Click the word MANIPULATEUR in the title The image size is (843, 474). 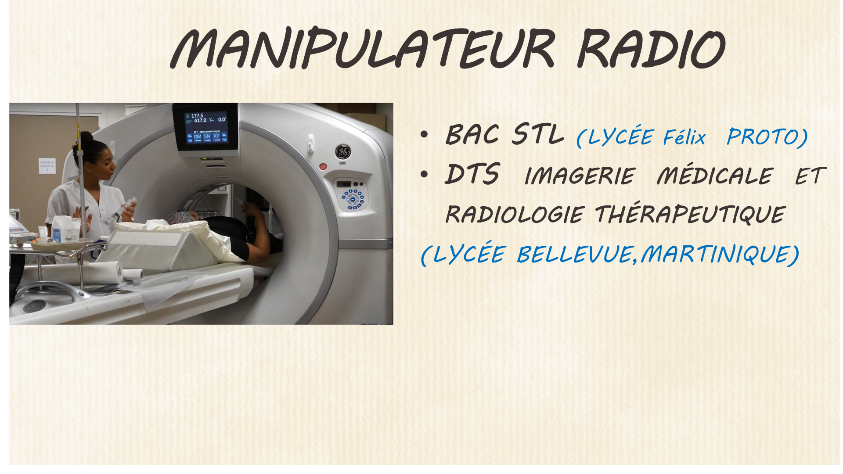363,48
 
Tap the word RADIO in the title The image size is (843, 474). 651,48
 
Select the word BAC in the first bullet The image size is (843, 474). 472,134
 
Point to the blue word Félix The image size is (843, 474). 684,137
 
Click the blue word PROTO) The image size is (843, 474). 767,137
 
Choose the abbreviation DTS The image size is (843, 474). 472,174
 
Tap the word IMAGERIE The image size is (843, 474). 580,176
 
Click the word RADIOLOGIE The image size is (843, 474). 515,215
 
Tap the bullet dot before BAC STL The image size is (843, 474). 424,135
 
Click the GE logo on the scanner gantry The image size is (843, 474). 342,152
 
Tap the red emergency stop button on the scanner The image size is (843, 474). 323,167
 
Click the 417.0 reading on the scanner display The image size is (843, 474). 200,120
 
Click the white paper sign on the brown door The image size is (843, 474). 47,166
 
